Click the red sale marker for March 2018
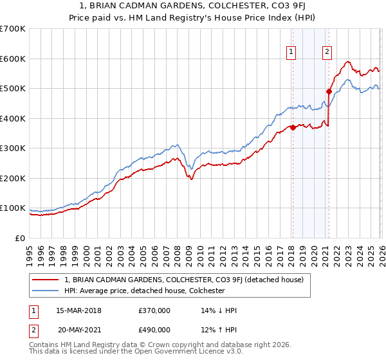[x=293, y=127]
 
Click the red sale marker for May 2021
[x=329, y=92]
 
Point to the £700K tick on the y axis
[x=13, y=29]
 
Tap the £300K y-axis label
[x=13, y=148]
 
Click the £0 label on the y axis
[x=19, y=238]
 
